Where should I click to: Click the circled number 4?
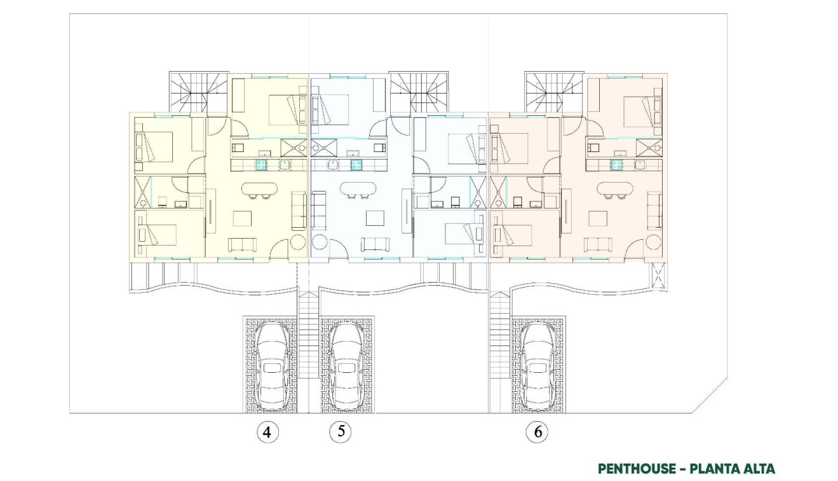[267, 433]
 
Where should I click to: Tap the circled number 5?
[341, 431]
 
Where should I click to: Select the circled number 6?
[537, 433]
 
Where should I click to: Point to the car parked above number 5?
[346, 365]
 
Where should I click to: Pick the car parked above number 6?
[537, 365]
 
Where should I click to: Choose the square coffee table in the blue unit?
[374, 219]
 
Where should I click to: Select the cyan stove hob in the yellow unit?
[261, 165]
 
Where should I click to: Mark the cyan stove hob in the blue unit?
[356, 165]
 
